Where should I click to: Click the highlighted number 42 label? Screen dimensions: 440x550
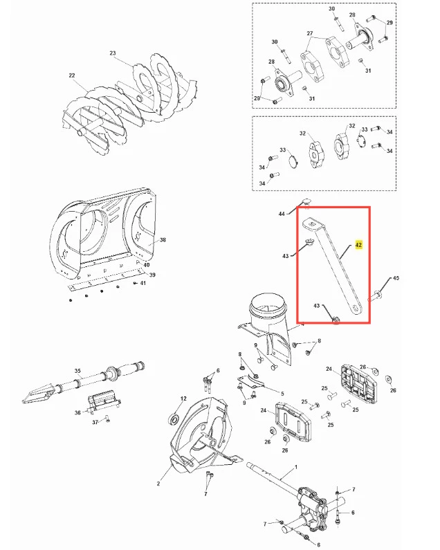pos(358,245)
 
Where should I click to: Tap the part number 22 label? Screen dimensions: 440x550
pos(72,75)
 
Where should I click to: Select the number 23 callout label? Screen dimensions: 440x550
pos(112,53)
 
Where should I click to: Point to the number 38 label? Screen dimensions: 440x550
pos(163,240)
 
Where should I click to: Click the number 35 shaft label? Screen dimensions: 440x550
pos(77,371)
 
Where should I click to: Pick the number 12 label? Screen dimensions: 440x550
pos(183,398)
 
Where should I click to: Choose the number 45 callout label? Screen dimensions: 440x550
pos(396,278)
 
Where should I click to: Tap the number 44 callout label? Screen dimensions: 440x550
pos(282,214)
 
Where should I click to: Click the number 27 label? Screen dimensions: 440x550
pos(309,33)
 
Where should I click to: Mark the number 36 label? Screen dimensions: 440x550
pos(77,412)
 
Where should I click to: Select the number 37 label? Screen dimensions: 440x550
pos(95,422)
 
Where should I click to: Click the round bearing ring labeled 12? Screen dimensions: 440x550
pos(174,419)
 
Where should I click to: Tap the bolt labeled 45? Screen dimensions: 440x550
pos(376,296)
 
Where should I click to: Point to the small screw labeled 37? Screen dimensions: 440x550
pos(108,418)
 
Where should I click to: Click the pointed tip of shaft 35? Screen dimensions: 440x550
pos(23,401)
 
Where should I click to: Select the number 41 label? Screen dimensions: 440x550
pos(143,283)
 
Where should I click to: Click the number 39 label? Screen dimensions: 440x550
pos(152,275)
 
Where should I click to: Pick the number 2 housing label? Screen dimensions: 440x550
pos(158,484)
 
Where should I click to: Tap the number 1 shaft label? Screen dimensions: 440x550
pos(296,467)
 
